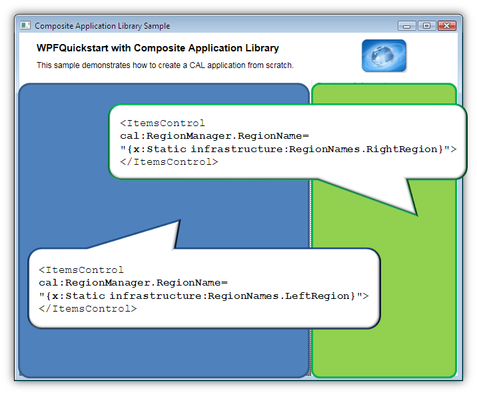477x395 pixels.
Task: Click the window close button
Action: pyautogui.click(x=447, y=26)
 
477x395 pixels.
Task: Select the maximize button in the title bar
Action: pyautogui.click(x=427, y=26)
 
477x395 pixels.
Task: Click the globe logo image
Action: pyautogui.click(x=384, y=56)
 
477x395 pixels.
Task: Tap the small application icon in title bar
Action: pyautogui.click(x=25, y=25)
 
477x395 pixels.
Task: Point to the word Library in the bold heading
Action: pyautogui.click(x=262, y=48)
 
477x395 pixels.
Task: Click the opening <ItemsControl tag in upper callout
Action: pyautogui.click(x=163, y=123)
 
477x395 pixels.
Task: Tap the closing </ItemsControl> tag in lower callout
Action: pyautogui.click(x=88, y=309)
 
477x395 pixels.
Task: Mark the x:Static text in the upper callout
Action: pyautogui.click(x=160, y=149)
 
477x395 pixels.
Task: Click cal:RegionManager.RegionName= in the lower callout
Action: pyautogui.click(x=133, y=283)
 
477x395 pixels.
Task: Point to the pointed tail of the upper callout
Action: pyautogui.click(x=417, y=216)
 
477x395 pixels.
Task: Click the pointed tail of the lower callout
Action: pyautogui.click(x=181, y=220)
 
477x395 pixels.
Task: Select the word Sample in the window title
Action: pyautogui.click(x=157, y=26)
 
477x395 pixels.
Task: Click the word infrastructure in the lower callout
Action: pyautogui.click(x=157, y=296)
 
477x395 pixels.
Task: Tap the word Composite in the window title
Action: pyautogui.click(x=54, y=26)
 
